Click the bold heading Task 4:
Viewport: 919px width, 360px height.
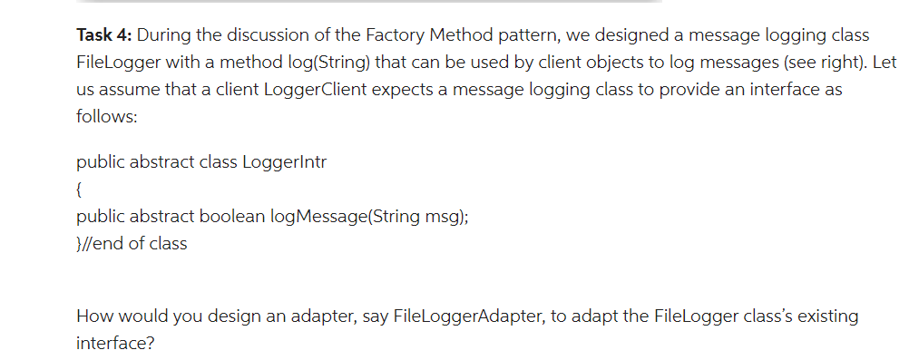click(x=104, y=35)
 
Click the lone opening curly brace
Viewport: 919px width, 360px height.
click(x=80, y=190)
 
